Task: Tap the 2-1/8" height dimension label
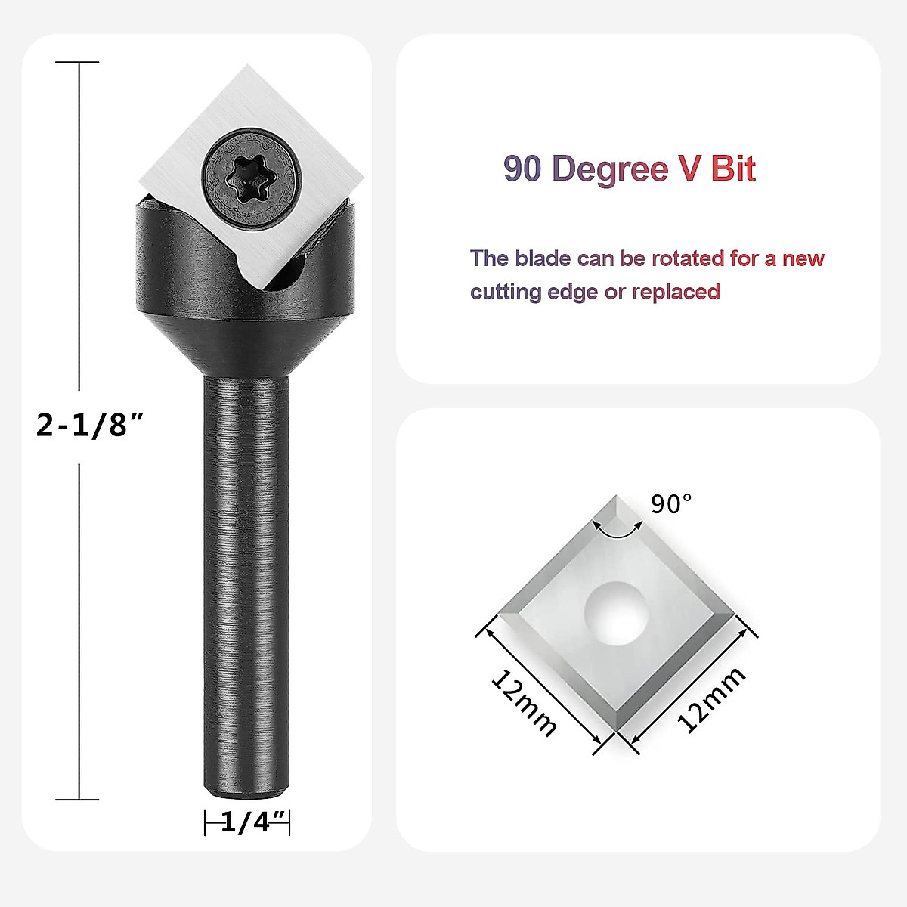[x=90, y=426]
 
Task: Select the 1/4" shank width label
[x=247, y=822]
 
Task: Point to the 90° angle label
[x=671, y=503]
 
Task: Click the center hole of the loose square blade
[x=618, y=612]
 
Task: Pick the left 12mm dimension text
[x=524, y=702]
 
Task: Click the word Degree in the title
[x=607, y=169]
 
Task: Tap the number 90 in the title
[x=523, y=169]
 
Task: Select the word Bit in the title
[x=732, y=169]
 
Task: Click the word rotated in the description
[x=687, y=258]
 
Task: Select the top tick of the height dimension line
[x=79, y=62]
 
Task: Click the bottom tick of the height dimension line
[x=79, y=799]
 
